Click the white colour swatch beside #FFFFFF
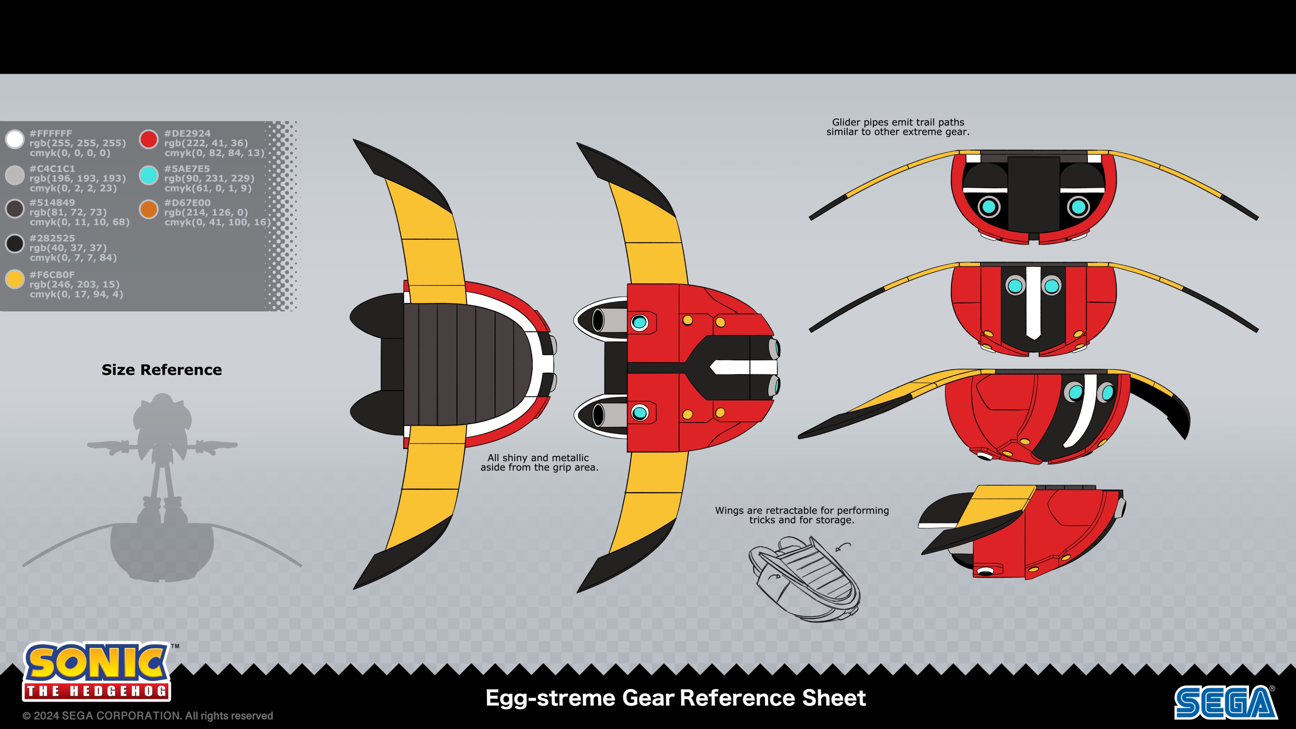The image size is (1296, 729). [15, 139]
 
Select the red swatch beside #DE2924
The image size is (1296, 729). [149, 139]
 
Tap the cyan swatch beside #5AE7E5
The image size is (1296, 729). [149, 175]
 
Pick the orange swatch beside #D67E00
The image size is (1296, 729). [149, 209]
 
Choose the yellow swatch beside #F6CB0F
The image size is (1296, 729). [15, 279]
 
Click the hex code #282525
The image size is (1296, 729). [52, 238]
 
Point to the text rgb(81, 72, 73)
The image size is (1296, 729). [68, 212]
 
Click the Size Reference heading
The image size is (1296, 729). [161, 370]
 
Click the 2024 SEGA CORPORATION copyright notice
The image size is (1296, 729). [148, 715]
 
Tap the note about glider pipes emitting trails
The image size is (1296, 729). [898, 127]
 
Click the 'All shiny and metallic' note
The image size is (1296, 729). [539, 462]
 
